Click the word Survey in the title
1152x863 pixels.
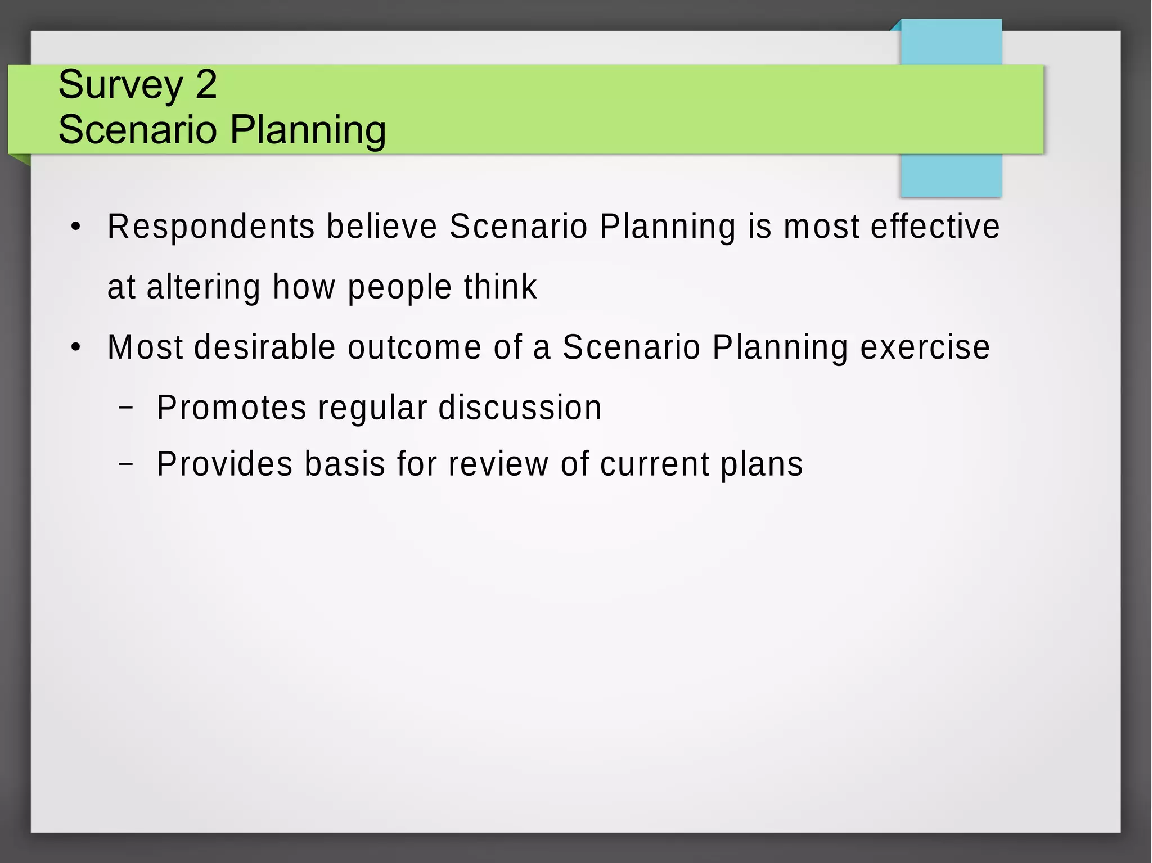pos(120,85)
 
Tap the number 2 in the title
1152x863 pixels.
pos(206,84)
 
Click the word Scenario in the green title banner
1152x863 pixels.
pos(137,130)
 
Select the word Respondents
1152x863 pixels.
pos(211,227)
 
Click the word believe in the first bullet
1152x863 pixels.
pos(382,227)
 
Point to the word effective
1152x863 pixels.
pos(935,227)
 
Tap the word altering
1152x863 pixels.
pos(203,287)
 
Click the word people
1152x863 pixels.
pos(399,287)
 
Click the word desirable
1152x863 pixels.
pos(265,347)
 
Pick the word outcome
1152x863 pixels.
pos(415,347)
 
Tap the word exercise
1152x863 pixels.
pos(925,347)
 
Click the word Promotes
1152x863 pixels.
pos(231,408)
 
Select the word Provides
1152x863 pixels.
pos(224,464)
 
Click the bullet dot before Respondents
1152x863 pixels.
pos(76,228)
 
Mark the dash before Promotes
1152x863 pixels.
pos(127,408)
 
